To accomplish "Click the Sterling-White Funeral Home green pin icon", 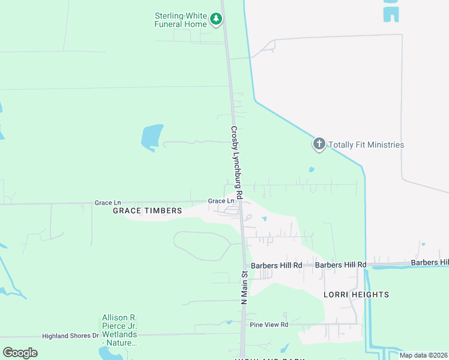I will point(216,20).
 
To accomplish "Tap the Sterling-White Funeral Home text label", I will point(181,20).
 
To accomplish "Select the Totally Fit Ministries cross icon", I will point(319,144).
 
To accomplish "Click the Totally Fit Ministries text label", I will point(366,145).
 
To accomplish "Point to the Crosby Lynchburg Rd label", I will point(236,163).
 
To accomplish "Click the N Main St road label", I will point(244,289).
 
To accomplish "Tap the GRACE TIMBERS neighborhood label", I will point(148,211).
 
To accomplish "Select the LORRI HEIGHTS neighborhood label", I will point(357,295).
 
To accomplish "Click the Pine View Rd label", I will point(270,325).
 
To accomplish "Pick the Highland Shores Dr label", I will point(70,335).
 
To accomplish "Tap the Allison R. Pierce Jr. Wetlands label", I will point(119,330).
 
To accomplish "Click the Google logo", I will point(20,353).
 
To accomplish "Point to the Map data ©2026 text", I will point(423,355).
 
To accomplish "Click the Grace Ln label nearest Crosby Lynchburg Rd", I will point(220,201).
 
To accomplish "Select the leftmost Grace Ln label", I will point(107,203).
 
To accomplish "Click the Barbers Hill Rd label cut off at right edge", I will point(430,263).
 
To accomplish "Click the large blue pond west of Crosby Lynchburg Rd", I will point(152,137).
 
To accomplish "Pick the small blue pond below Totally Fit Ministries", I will point(311,170).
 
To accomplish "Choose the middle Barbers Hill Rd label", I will point(340,265).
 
